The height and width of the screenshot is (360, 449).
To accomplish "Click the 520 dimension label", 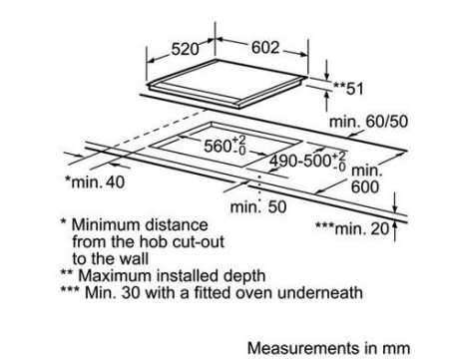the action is click(185, 50).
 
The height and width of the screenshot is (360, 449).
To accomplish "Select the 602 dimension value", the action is click(265, 48).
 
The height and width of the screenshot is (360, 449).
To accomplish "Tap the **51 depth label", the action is click(348, 89).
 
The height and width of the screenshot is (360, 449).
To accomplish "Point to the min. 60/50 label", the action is click(368, 122).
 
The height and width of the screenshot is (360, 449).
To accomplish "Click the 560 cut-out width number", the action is click(218, 147).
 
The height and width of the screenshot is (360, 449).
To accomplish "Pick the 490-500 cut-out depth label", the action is click(300, 161).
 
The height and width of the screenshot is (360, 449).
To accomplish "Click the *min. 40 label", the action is click(95, 181).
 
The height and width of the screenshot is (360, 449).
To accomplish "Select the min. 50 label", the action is click(258, 206).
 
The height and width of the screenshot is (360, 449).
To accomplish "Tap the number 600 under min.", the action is click(365, 187).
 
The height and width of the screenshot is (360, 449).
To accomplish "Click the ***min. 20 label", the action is click(352, 228).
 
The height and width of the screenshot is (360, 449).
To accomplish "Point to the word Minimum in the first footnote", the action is click(106, 225).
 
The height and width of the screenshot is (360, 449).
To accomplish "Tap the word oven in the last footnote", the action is click(254, 293).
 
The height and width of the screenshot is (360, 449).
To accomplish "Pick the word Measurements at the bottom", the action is click(303, 348).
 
